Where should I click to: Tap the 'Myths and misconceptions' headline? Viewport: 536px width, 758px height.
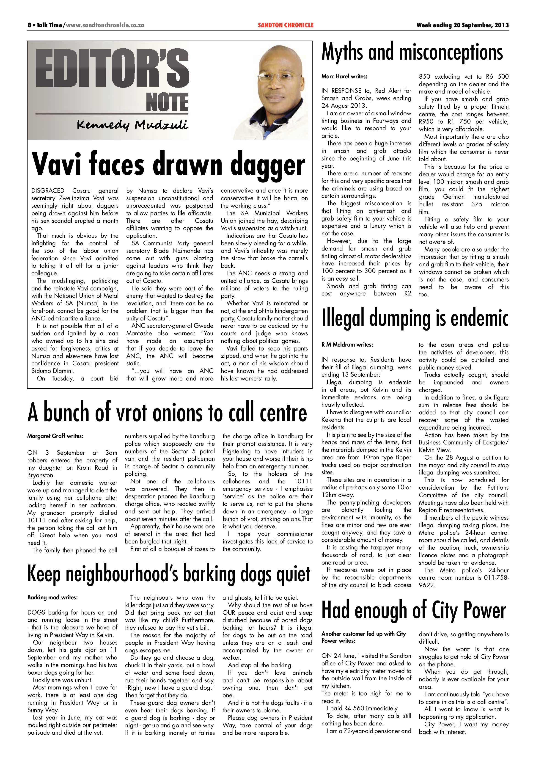tap(412, 52)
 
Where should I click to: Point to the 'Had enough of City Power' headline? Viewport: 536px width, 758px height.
tap(414, 610)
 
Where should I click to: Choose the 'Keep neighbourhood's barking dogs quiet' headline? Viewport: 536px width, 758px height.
tap(169, 574)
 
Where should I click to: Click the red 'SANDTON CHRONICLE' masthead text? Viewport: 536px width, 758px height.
tap(286, 25)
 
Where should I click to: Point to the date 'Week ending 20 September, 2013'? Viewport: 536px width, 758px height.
tap(462, 25)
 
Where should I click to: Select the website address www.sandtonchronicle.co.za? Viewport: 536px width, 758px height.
tap(105, 25)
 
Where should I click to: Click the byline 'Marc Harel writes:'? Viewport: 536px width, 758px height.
tap(344, 77)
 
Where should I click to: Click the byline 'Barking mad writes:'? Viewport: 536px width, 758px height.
tap(52, 597)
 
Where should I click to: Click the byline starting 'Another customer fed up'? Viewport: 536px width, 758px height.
tap(363, 637)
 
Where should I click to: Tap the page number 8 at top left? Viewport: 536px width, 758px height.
tap(29, 25)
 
